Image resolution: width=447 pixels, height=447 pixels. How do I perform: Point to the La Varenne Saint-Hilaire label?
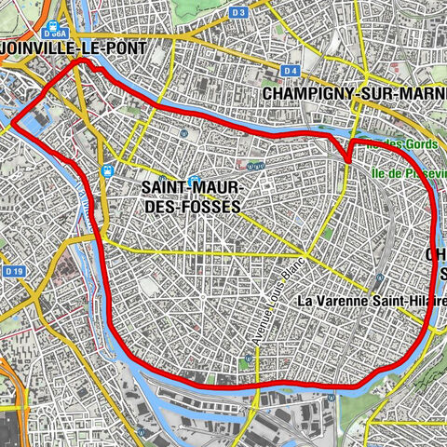(x=370, y=302)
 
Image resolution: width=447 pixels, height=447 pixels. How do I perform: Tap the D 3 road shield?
(x=239, y=12)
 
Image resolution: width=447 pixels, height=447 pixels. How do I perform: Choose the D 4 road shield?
(x=291, y=71)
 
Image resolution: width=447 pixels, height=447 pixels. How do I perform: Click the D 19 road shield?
(x=12, y=271)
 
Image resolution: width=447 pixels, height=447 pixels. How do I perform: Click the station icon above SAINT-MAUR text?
(x=194, y=181)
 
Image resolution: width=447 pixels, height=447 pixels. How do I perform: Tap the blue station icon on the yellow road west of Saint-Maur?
(x=109, y=171)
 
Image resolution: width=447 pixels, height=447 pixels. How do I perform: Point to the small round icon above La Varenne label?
(x=378, y=279)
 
